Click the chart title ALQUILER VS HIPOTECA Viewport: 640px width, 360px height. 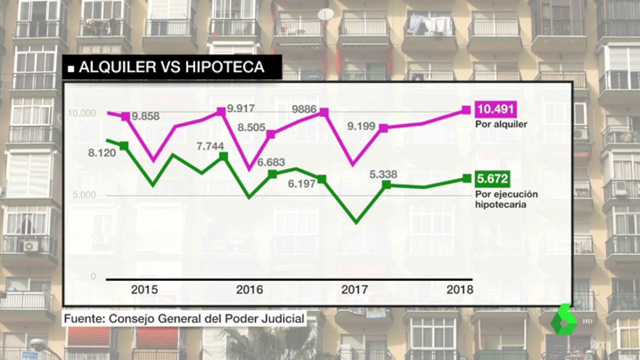point(172,67)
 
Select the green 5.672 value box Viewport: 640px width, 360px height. point(492,178)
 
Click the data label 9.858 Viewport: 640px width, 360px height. point(146,116)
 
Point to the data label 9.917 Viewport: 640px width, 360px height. point(241,109)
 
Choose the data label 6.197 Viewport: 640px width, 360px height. point(302,183)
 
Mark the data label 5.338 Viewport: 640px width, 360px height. point(383,174)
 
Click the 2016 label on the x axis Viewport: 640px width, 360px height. point(249,290)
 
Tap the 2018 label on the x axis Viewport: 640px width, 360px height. point(460,290)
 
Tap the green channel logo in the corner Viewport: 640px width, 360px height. point(564,320)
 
